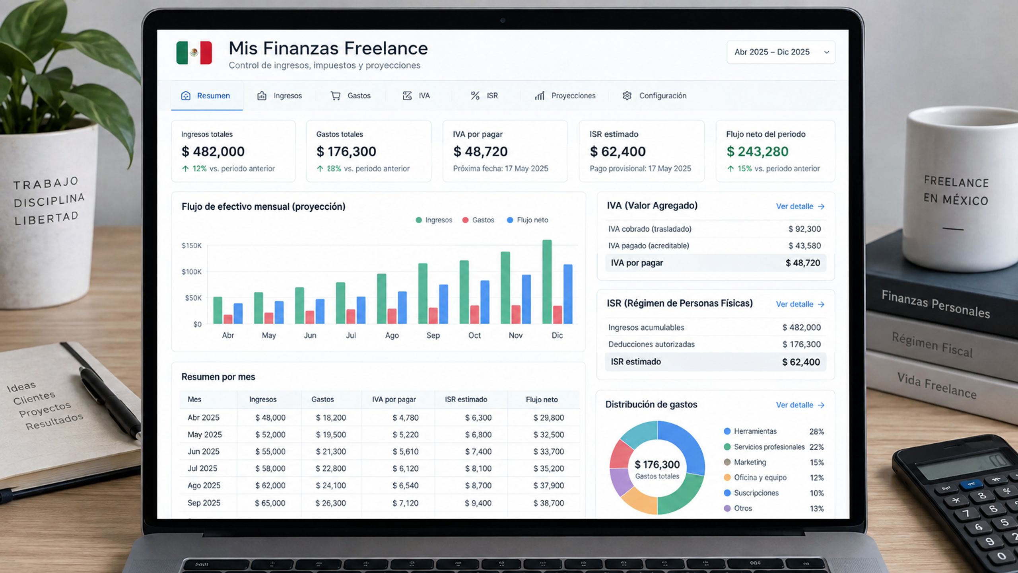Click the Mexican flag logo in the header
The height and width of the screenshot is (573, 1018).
coord(194,53)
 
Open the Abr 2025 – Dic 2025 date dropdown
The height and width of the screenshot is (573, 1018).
coord(781,52)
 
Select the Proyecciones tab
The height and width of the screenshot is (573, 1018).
coord(565,95)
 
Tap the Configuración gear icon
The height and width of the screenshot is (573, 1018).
coord(627,95)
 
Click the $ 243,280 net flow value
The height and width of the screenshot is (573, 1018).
coord(758,152)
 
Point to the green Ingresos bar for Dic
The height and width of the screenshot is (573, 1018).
coord(547,282)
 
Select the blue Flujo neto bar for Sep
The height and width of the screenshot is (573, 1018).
coord(443,304)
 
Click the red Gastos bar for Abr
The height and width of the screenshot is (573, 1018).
coord(228,319)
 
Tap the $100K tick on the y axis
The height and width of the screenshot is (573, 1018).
coord(192,272)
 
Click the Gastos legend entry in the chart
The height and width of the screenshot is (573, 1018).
coord(478,220)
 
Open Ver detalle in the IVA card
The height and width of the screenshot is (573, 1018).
coord(800,207)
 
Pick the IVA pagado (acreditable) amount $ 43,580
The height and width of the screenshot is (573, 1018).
coord(804,246)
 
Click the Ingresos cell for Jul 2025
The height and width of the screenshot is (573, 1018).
coord(270,468)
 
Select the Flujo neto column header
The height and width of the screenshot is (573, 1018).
coord(542,400)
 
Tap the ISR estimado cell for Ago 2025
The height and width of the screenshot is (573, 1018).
coord(478,485)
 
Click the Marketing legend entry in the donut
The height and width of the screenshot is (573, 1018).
coord(745,462)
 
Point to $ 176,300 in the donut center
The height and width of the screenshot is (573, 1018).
coord(657,464)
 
